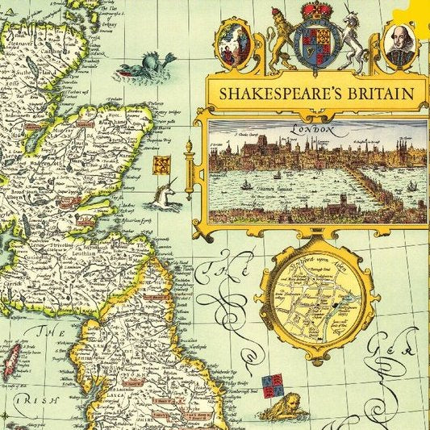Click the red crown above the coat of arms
pos(316,12)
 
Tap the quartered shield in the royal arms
pos(316,45)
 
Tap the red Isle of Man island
pos(12,360)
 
